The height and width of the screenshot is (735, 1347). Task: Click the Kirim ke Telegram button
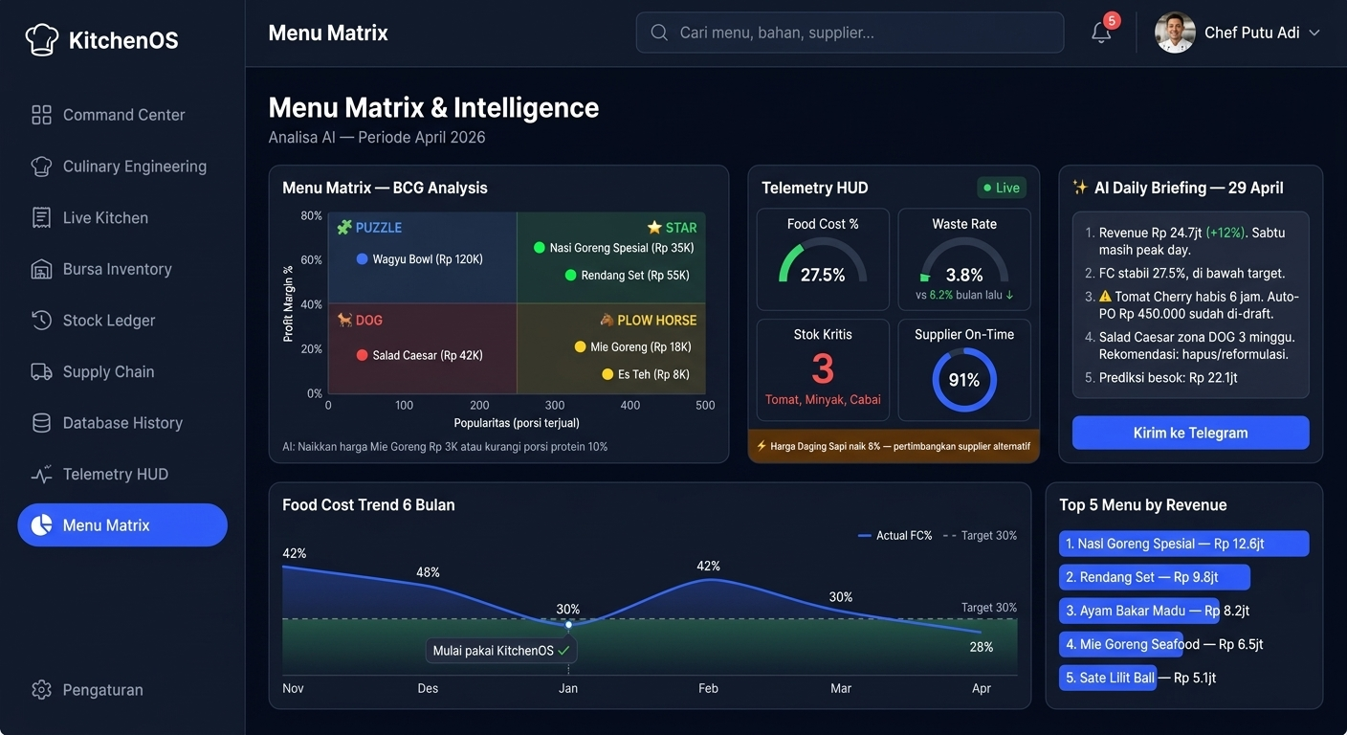point(1190,433)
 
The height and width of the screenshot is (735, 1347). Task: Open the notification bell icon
point(1101,33)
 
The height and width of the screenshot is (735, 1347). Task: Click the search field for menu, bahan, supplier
point(850,33)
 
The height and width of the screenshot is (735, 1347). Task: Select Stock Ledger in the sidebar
point(108,321)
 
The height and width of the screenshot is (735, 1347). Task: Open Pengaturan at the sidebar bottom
point(102,690)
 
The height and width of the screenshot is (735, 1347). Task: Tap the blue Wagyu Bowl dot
point(362,259)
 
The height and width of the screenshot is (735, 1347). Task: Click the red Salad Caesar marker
point(362,355)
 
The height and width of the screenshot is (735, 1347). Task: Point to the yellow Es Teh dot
point(607,374)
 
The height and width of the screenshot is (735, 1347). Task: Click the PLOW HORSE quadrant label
point(656,321)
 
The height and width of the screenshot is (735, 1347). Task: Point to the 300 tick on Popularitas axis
point(555,405)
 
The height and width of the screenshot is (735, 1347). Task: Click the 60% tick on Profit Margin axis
point(311,260)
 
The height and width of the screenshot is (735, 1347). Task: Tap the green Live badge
point(1001,188)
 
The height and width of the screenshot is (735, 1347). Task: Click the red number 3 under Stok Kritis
point(823,368)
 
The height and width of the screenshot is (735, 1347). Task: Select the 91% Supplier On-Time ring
point(963,380)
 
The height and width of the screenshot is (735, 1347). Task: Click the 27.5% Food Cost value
point(823,276)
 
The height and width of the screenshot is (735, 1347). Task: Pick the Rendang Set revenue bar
point(1154,577)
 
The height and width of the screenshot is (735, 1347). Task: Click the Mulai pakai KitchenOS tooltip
point(500,651)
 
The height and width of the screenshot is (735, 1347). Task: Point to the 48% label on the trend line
point(428,572)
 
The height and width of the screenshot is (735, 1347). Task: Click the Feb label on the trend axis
point(708,688)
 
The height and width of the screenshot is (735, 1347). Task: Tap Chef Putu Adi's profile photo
point(1175,33)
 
